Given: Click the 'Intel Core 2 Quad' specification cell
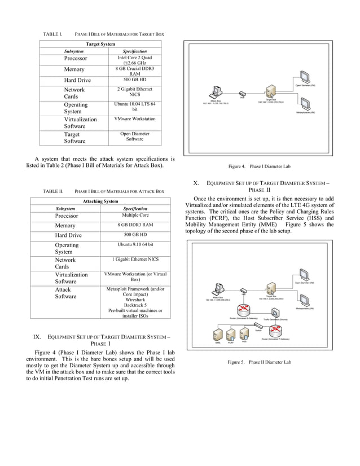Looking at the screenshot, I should (x=134, y=61).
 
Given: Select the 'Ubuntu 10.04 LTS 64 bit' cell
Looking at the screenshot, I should (x=134, y=107).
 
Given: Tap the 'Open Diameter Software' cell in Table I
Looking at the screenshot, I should (x=134, y=137).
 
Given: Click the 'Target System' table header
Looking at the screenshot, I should (x=100, y=44).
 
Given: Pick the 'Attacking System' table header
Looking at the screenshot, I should (x=100, y=201).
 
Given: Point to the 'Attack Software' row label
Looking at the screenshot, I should (x=63, y=293).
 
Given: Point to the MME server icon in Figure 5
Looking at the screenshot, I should (x=217, y=335).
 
